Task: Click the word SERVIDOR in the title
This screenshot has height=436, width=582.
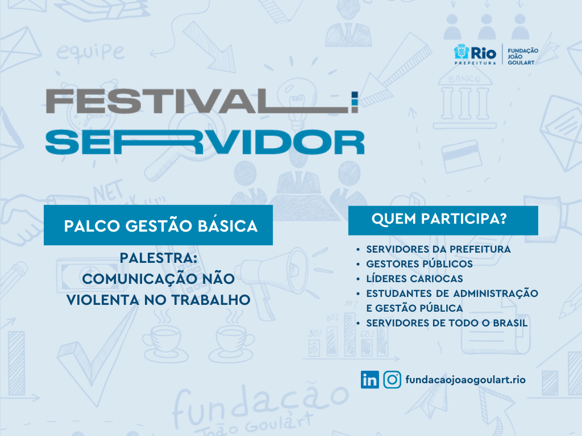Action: pos(205,142)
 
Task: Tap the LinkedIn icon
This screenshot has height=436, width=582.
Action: pos(369,380)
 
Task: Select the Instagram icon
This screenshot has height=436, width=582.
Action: pos(392,380)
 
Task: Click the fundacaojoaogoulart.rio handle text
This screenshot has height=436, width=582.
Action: pos(465,380)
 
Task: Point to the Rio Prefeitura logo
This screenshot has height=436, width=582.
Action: pos(475,54)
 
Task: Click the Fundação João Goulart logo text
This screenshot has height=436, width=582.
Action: pos(523,56)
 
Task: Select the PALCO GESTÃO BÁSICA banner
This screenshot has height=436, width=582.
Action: pos(158,225)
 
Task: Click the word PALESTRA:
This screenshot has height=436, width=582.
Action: pos(158,258)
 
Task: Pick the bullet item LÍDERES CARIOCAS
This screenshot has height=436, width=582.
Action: pos(414,278)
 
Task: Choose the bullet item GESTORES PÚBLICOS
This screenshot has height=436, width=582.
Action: pos(419,263)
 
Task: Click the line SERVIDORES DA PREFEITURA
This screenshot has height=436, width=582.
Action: pos(438,249)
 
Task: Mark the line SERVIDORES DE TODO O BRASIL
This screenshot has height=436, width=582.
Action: pos(447,323)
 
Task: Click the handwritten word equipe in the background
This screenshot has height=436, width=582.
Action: pos(90,52)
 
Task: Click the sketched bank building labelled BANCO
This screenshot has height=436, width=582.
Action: pos(464,98)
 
